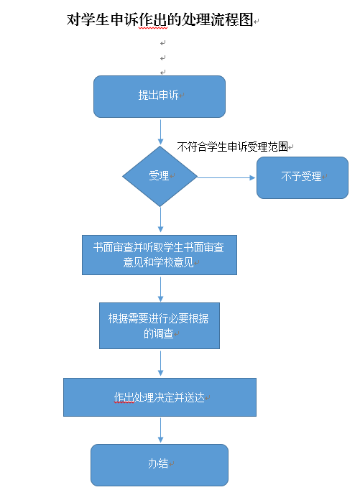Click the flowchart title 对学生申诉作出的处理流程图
tap(160, 20)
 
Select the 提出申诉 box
tap(160, 96)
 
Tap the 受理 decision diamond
tap(160, 176)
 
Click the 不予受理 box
tap(303, 177)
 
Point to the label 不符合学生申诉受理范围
tap(232, 147)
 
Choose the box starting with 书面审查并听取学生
tap(160, 255)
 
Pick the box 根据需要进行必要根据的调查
tap(160, 325)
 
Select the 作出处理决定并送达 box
tap(160, 397)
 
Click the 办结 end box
tap(160, 465)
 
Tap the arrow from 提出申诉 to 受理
tap(160, 132)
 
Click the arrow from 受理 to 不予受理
tap(226, 177)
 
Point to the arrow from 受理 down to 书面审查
tap(160, 219)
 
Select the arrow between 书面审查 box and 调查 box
tap(160, 290)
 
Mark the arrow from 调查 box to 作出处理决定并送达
tap(160, 364)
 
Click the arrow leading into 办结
tap(160, 430)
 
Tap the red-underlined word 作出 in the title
tap(153, 20)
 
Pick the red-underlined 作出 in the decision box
tap(124, 397)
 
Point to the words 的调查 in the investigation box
tap(159, 333)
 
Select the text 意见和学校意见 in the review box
tap(159, 262)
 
